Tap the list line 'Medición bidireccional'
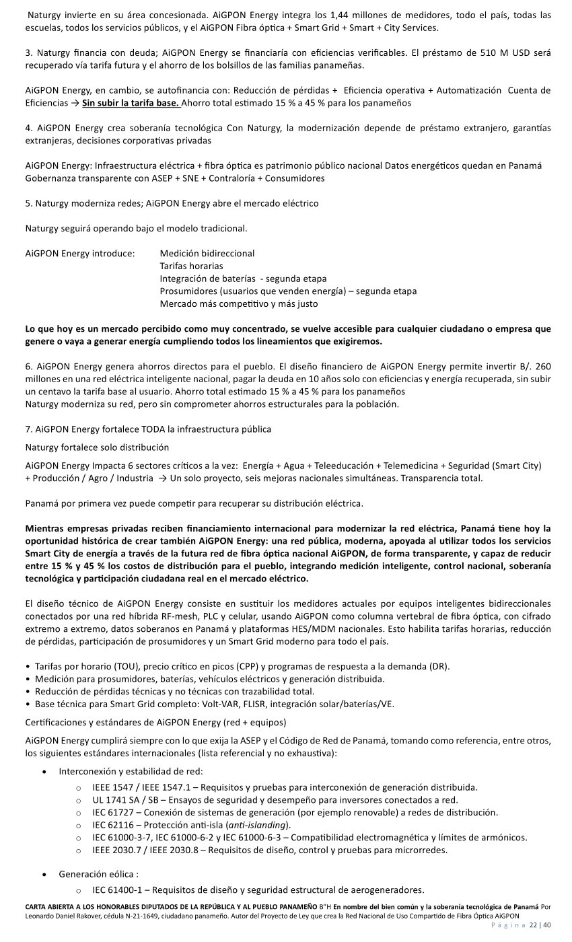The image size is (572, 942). (207, 254)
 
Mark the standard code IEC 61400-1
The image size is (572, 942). (117, 889)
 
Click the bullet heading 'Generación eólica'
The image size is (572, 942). (98, 874)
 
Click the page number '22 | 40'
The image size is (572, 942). (540, 925)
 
